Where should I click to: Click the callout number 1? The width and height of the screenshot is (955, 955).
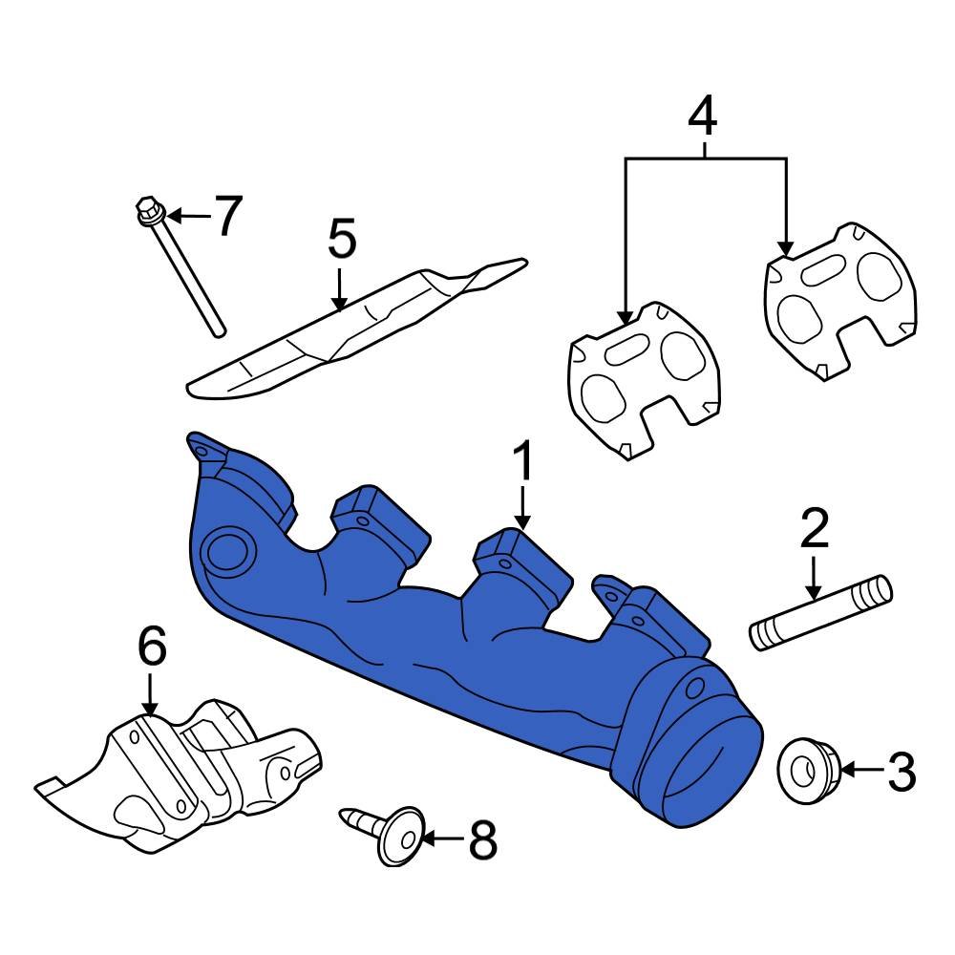pyautogui.click(x=522, y=464)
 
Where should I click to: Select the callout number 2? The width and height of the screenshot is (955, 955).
pyautogui.click(x=813, y=528)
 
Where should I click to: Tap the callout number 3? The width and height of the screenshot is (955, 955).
pyautogui.click(x=901, y=772)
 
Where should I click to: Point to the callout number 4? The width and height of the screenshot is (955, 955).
pyautogui.click(x=702, y=116)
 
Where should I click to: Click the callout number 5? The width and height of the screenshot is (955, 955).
pyautogui.click(x=341, y=239)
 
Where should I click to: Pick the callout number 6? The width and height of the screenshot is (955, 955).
pyautogui.click(x=152, y=647)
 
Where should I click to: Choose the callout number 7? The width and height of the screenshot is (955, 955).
pyautogui.click(x=227, y=216)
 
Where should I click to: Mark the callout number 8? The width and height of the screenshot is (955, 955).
pyautogui.click(x=482, y=840)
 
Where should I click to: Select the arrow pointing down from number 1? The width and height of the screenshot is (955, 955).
pyautogui.click(x=522, y=506)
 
